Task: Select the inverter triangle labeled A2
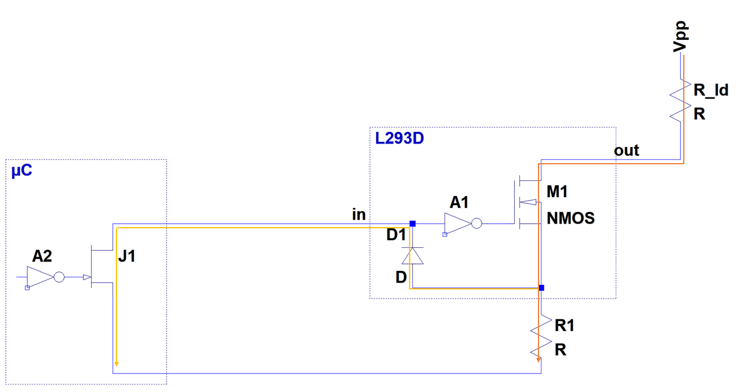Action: coord(40,277)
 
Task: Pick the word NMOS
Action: coord(571,218)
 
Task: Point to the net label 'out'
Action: coord(626,150)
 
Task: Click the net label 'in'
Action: coord(359,214)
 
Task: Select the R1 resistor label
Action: coord(564,326)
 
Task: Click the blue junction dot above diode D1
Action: coord(412,224)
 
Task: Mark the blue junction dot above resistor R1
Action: coord(541,287)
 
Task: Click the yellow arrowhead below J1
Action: coord(116,363)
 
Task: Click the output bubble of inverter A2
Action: coord(59,277)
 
